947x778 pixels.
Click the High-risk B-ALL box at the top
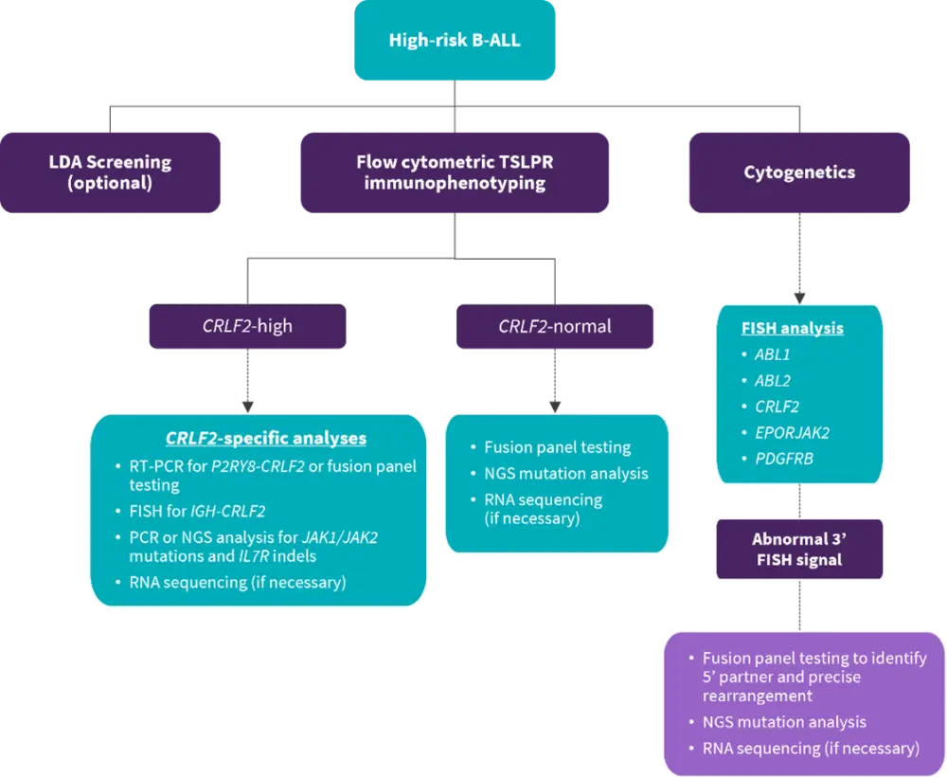click(x=455, y=41)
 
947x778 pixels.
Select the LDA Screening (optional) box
click(x=110, y=172)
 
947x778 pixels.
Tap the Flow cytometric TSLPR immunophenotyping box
click(x=455, y=172)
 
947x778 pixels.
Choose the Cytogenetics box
click(x=799, y=172)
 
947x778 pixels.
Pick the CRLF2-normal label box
click(x=555, y=326)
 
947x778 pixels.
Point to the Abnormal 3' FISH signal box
click(x=799, y=549)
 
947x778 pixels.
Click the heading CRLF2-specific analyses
click(x=266, y=439)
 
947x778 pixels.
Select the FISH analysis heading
click(x=793, y=329)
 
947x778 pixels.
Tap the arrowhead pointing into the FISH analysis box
click(x=799, y=296)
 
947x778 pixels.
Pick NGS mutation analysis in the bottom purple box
click(x=784, y=722)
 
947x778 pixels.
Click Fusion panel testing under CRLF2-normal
click(x=557, y=447)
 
